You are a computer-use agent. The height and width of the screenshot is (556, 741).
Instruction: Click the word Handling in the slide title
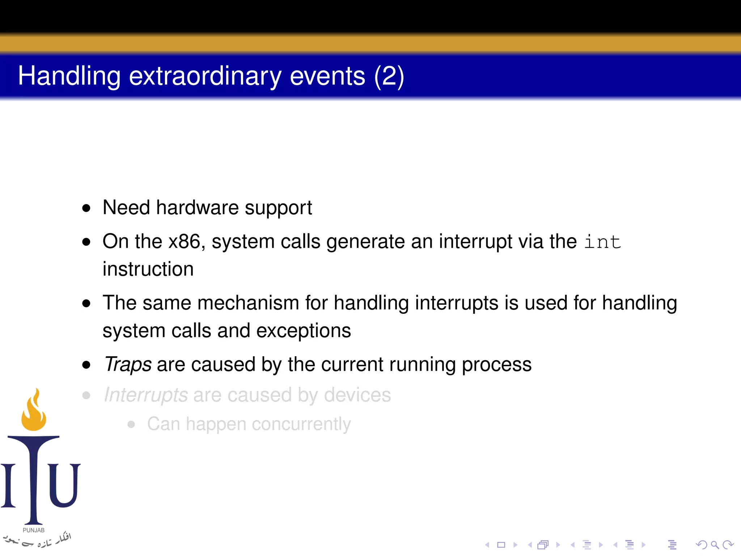click(69, 76)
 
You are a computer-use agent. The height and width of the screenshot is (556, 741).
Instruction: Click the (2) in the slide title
click(389, 76)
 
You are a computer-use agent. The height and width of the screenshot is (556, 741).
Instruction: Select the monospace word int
click(602, 242)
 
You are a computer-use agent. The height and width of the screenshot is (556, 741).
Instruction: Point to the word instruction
click(148, 269)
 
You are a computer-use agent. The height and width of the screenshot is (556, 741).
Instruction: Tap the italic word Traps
click(127, 364)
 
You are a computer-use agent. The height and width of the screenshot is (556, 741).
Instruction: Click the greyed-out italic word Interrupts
click(145, 395)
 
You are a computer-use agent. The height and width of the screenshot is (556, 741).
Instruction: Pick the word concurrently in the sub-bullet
click(301, 424)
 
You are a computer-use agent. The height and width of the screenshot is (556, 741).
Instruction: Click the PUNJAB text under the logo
click(34, 530)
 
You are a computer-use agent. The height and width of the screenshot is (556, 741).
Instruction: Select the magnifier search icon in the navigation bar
click(715, 545)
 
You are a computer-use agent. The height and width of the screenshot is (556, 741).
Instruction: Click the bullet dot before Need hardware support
click(86, 208)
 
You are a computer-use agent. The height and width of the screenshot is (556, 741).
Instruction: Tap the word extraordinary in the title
click(205, 76)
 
